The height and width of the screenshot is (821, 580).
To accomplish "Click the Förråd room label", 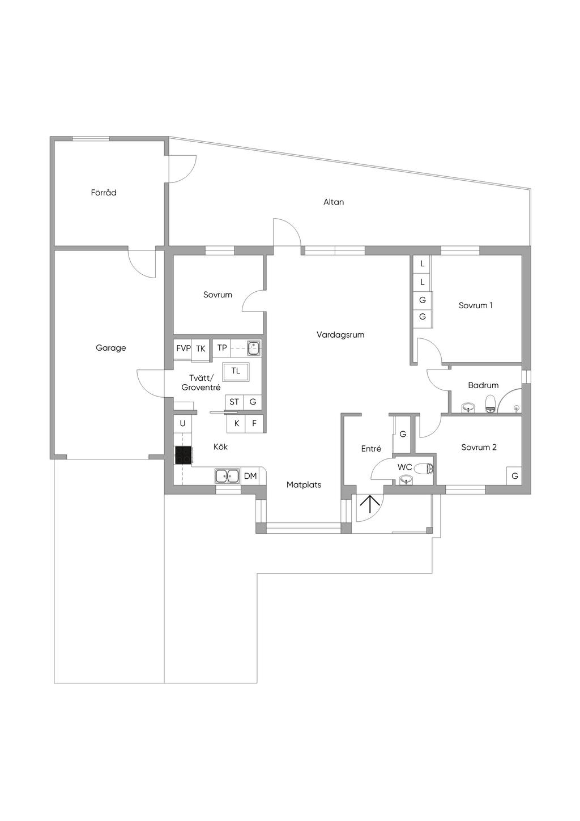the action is coord(104,193).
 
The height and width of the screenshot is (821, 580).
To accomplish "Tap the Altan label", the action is coord(334,202).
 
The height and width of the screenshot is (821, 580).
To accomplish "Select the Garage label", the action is coord(110,348).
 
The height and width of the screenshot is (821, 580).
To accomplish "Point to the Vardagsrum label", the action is coord(340,335).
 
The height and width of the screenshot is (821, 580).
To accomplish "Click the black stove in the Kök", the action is coord(183,456).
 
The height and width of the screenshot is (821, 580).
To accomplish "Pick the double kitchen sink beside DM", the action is coord(228,476).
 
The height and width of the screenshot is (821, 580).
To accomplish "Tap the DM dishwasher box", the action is coord(250,476).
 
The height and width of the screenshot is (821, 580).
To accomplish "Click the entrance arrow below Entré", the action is coord(369,504).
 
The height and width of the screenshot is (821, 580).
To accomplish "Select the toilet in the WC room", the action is coord(424,468).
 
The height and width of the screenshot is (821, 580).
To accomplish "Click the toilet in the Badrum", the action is coord(491,404).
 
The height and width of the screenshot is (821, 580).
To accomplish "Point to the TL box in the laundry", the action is coord(236,372).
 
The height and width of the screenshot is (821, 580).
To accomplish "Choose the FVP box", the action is coord(183,348).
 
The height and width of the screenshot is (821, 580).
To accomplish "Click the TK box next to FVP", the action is coord(201,348).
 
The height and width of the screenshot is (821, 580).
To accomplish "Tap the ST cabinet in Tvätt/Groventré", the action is coord(234,402).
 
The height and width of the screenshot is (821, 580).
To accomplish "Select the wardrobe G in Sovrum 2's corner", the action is coord(515,476).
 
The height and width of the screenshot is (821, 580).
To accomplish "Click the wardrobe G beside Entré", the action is coord(403,435).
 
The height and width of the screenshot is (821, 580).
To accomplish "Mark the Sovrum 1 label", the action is coord(476,305).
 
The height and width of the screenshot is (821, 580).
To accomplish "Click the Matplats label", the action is coord(304,485).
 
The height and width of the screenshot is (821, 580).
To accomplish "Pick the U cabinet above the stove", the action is coord(183,424).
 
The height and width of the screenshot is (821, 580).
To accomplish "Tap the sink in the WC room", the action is coord(406,479).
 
